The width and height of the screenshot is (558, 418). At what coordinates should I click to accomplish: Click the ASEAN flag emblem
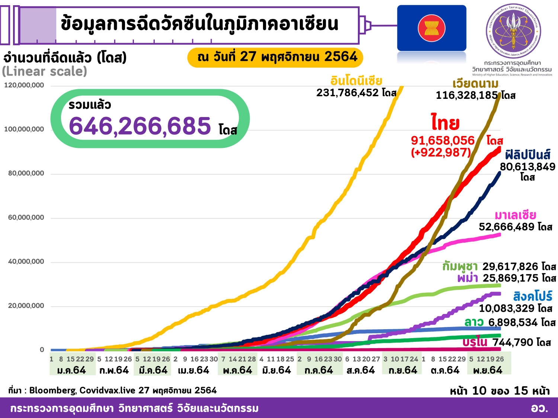coord(432,28)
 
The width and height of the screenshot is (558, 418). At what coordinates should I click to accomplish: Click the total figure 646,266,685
coord(140,126)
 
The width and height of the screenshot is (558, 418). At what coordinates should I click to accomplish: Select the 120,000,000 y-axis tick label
coord(24,85)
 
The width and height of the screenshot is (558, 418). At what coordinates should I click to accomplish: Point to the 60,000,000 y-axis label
coord(26,218)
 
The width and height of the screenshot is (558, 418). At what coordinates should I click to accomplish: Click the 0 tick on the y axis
coord(42,350)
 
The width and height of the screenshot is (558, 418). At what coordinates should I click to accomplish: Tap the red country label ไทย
coord(445,123)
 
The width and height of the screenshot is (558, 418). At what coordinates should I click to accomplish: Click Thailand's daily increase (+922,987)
coord(441,152)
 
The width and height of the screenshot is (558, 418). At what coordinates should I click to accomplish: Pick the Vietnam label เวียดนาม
coord(475,84)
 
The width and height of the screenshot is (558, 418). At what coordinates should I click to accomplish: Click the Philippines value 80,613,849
coord(527,167)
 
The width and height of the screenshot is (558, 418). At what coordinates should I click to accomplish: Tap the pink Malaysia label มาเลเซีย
coord(515,215)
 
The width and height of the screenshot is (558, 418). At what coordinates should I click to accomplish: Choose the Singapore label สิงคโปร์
coord(533,296)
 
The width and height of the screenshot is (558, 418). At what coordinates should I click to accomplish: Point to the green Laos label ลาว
coord(474,322)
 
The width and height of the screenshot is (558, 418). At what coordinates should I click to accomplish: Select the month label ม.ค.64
coord(71,370)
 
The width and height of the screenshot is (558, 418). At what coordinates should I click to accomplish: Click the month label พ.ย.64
coord(488,370)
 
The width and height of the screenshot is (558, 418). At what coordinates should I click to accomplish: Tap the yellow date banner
coord(275,57)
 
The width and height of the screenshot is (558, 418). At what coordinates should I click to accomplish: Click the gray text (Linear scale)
coord(45,71)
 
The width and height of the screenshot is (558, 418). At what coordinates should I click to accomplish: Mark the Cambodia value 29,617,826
coord(510,266)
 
